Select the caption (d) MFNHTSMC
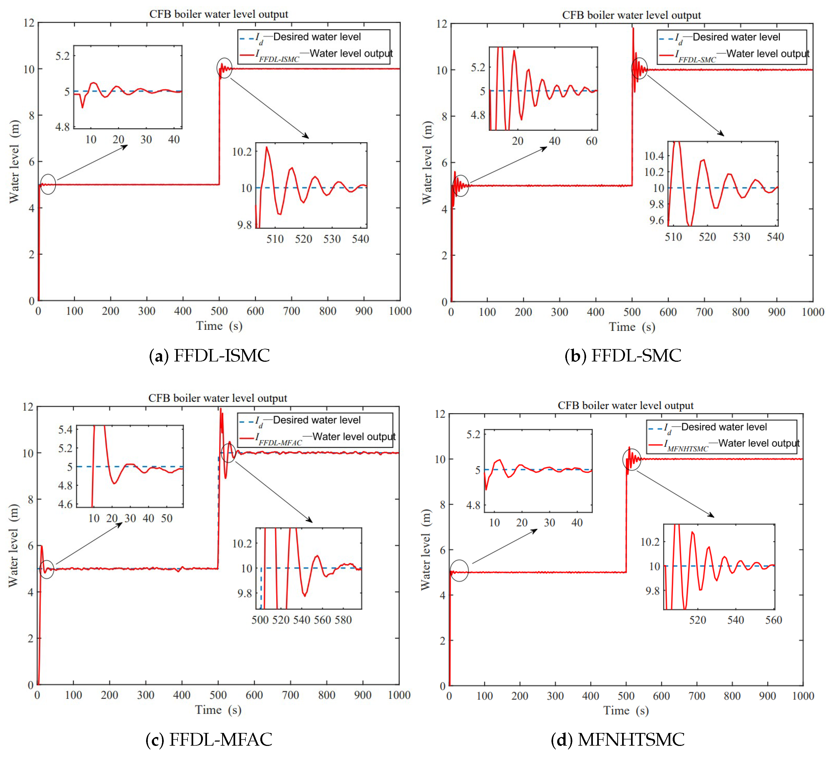617,739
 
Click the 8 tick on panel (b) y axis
444,117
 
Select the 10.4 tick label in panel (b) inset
654,156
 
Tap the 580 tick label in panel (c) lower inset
343,620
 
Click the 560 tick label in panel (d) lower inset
773,620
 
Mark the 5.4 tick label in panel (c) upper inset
65,430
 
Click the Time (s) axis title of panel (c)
218,710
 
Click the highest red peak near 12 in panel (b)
633,28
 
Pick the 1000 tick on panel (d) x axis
803,696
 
